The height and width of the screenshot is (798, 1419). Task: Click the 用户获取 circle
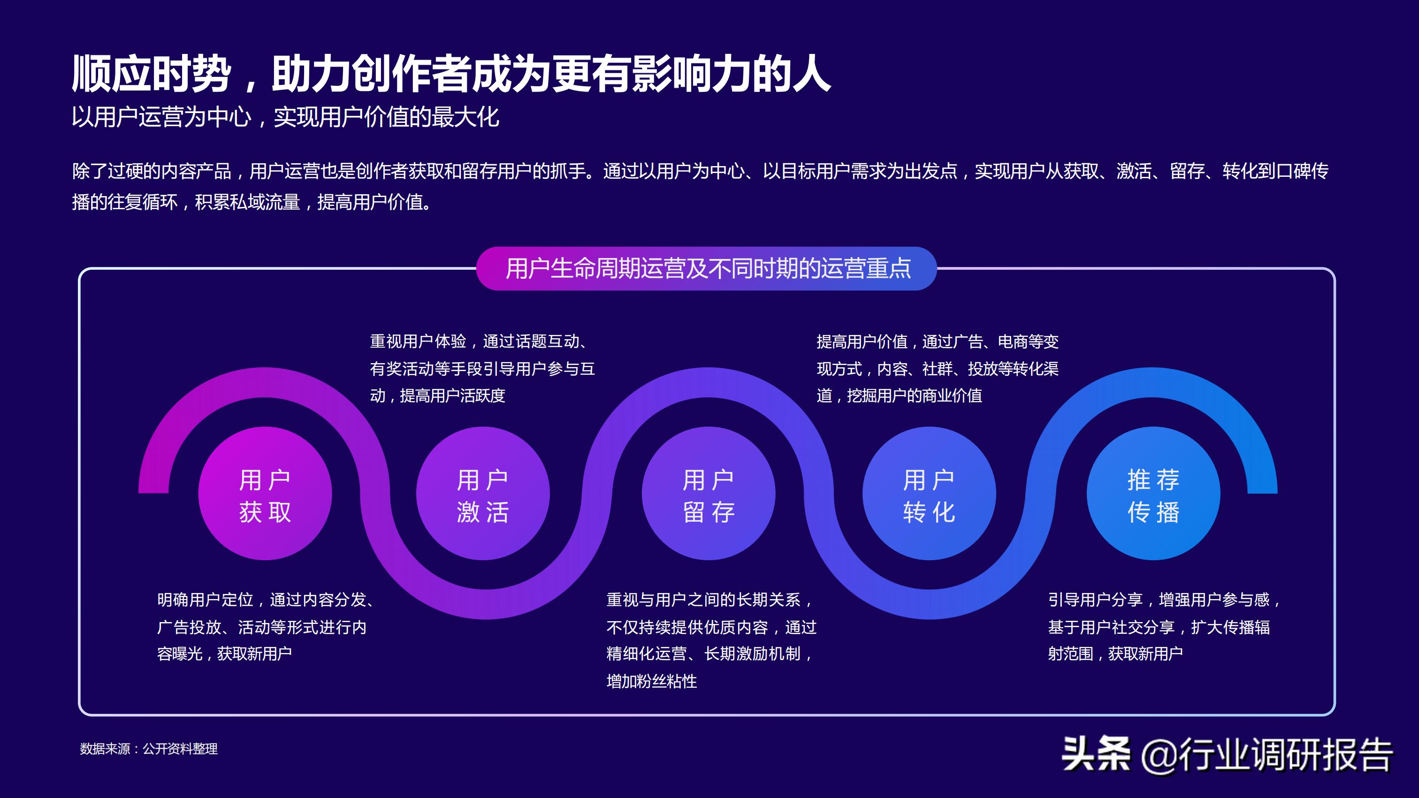pyautogui.click(x=265, y=494)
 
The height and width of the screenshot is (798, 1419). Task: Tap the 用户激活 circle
pyautogui.click(x=482, y=494)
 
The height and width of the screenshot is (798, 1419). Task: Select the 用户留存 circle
pyautogui.click(x=709, y=494)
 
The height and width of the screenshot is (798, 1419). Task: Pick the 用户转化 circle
pyautogui.click(x=929, y=494)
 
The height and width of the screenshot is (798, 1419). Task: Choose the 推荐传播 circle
pyautogui.click(x=1153, y=494)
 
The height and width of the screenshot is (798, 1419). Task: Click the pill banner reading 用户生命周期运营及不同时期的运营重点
pyautogui.click(x=707, y=269)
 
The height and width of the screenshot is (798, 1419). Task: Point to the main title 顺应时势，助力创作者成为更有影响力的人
pyautogui.click(x=450, y=74)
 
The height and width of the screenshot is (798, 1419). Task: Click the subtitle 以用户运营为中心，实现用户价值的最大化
pyautogui.click(x=285, y=117)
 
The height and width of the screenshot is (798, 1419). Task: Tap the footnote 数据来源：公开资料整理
pyautogui.click(x=149, y=749)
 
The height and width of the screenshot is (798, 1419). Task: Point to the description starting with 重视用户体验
pyautogui.click(x=482, y=368)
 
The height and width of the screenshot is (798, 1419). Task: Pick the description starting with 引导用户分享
pyautogui.click(x=1164, y=627)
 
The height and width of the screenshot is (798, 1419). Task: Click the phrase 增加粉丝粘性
pyautogui.click(x=652, y=682)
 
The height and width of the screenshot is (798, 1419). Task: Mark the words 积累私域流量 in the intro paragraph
pyautogui.click(x=247, y=202)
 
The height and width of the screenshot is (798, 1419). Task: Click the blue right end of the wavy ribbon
pyautogui.click(x=1261, y=479)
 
